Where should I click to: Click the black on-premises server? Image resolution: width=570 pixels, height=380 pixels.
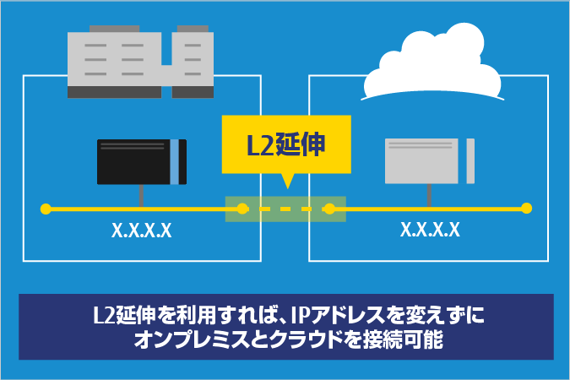135,161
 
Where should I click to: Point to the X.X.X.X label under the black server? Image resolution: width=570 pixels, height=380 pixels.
142,230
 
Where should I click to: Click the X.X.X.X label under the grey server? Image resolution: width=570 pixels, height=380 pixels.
430,229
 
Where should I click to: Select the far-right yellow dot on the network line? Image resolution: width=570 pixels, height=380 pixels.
526,208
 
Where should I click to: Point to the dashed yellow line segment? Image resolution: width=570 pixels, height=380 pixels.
285,208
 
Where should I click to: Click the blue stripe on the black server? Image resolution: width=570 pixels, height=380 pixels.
174,161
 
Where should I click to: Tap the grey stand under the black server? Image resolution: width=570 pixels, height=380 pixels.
141,195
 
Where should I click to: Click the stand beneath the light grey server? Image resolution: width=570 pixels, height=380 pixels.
429,195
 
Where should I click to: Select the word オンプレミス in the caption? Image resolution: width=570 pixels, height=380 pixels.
190,343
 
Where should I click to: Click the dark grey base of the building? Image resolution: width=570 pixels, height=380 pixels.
139,92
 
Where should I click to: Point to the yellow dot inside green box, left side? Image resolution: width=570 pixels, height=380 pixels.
242,208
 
